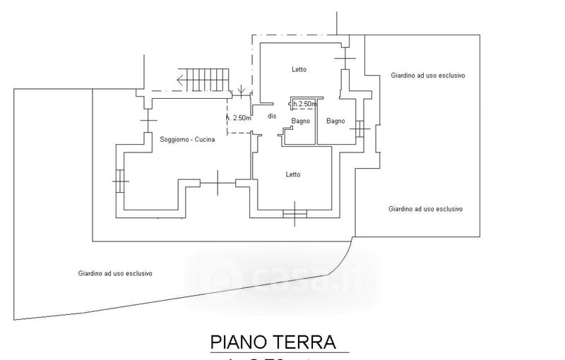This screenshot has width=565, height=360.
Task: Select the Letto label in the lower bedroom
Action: click(x=293, y=174)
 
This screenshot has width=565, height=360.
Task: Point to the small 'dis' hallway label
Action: click(x=272, y=116)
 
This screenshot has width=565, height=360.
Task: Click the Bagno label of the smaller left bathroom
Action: click(x=301, y=121)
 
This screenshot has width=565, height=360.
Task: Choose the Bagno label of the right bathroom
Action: click(x=335, y=121)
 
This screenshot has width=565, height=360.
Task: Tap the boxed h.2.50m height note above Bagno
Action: click(x=304, y=104)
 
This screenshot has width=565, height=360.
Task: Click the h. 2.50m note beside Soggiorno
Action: click(x=238, y=118)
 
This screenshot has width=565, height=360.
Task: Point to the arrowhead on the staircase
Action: click(x=183, y=79)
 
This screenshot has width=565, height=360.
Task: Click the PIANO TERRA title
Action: click(x=282, y=342)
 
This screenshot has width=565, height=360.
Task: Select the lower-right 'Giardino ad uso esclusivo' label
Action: click(x=425, y=209)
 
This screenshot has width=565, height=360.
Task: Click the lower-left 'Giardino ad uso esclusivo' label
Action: click(x=116, y=273)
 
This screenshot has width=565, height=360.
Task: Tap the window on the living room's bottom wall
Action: click(x=218, y=184)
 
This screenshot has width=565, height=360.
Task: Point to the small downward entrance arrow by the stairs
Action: click(x=242, y=90)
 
